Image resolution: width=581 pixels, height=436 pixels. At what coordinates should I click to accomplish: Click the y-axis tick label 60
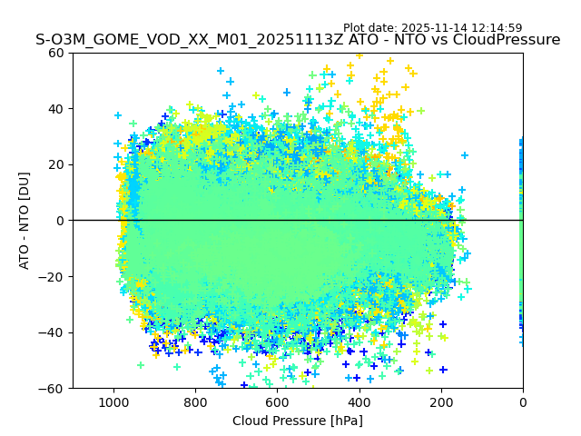(x=56, y=53)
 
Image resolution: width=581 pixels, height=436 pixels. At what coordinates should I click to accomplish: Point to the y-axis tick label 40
(x=56, y=109)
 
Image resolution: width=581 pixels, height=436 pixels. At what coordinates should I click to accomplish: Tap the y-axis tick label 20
(x=56, y=164)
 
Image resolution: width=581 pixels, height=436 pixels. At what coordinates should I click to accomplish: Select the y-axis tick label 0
(x=60, y=221)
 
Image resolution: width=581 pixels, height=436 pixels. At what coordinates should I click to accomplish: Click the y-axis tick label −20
(x=53, y=277)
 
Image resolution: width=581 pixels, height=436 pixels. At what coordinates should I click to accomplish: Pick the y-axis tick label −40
(x=53, y=332)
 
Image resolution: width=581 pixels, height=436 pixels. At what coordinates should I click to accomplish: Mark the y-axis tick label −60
(x=53, y=389)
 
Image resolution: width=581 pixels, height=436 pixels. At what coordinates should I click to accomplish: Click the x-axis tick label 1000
(x=113, y=402)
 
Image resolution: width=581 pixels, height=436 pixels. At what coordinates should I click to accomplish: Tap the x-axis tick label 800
(x=195, y=402)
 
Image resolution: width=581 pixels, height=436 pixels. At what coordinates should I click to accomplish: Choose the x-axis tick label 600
(x=277, y=402)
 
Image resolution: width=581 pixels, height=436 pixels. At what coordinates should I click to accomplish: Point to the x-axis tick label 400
(x=359, y=402)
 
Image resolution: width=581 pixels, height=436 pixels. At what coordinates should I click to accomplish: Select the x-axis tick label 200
(x=441, y=402)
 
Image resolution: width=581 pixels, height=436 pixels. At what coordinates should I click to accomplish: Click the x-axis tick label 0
(x=523, y=402)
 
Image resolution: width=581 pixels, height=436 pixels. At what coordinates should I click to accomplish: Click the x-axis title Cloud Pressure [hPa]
(x=298, y=421)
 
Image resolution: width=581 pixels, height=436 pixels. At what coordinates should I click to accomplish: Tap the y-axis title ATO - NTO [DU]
(x=25, y=221)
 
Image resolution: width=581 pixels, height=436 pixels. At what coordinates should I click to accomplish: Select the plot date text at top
(x=432, y=28)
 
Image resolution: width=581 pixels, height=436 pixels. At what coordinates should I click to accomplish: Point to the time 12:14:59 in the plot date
(x=496, y=28)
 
